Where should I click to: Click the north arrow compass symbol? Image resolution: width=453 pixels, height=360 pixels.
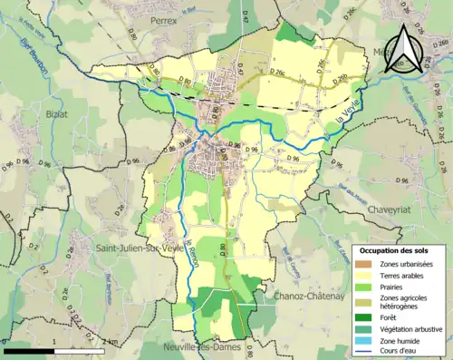pos(403,50)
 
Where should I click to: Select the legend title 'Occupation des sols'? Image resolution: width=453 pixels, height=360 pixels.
pos(399,249)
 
